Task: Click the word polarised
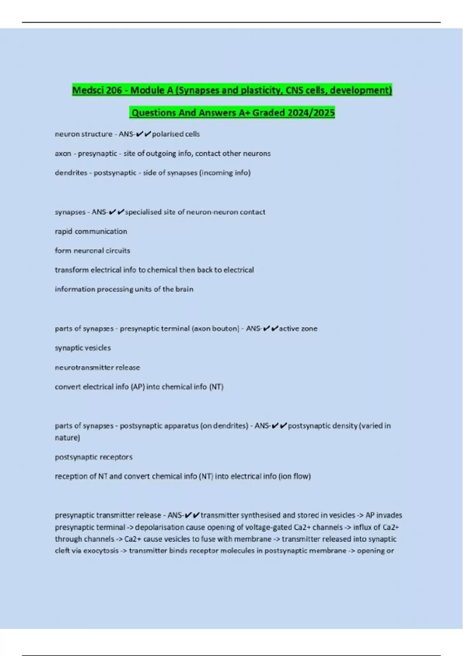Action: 167,134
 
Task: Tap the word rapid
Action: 63,231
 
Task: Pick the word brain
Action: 184,289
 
